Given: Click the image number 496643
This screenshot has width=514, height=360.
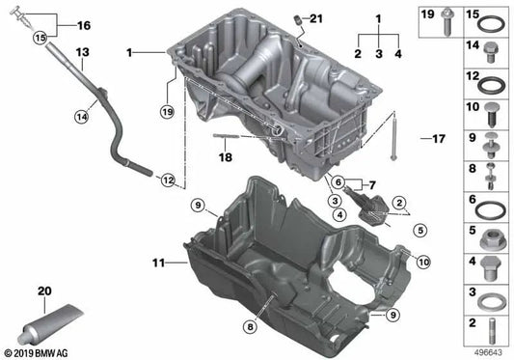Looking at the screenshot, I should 488,352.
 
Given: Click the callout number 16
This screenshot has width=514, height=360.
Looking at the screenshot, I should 83,24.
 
